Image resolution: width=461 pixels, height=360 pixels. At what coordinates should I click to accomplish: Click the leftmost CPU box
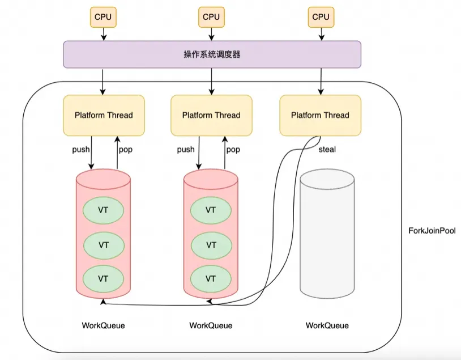[x=103, y=17]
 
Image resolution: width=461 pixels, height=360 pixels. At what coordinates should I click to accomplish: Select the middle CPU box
[x=211, y=17]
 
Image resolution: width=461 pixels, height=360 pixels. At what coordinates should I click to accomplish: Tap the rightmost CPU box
[x=321, y=17]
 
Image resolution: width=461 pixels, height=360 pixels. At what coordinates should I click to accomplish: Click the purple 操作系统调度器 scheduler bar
[x=211, y=54]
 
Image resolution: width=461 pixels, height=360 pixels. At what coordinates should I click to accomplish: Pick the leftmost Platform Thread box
[x=104, y=115]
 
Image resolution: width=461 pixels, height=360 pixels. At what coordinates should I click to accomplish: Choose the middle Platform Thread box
[x=211, y=115]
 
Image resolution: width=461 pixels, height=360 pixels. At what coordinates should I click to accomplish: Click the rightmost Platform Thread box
[x=320, y=115]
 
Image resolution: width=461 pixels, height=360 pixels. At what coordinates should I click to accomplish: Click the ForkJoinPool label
[x=432, y=231]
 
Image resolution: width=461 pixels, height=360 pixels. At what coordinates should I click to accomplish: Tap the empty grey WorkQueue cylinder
[x=327, y=235]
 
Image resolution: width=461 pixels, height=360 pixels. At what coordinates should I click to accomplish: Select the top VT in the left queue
[x=104, y=210]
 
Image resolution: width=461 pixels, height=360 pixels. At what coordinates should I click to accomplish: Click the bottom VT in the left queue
[x=104, y=278]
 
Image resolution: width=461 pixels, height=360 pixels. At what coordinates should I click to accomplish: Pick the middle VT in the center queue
[x=211, y=245]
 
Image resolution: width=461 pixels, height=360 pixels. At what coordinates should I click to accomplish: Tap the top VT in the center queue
[x=211, y=210]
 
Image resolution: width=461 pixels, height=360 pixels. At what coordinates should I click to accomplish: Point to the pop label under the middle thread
[x=233, y=150]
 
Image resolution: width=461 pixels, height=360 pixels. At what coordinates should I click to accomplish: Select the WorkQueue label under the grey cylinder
[x=327, y=325]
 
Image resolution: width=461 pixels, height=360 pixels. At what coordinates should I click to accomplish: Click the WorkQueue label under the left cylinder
[x=104, y=325]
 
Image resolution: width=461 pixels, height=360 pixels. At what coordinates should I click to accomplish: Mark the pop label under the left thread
[x=125, y=150]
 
